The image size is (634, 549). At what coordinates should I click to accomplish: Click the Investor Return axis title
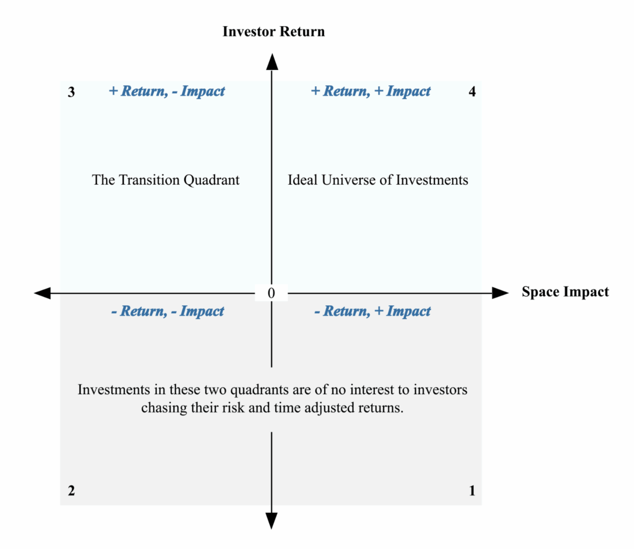[273, 32]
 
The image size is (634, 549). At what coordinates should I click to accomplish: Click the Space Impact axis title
[565, 292]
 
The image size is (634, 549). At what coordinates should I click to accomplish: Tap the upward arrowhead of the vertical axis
[272, 62]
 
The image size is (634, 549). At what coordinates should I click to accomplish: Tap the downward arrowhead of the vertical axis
[271, 521]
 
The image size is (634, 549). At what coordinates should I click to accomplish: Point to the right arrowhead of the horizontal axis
[500, 293]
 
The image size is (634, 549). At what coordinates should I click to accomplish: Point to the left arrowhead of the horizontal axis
[42, 293]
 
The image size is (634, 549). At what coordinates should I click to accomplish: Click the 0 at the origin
[271, 293]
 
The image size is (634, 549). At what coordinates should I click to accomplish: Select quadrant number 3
[71, 92]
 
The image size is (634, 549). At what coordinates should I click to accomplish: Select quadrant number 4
[473, 91]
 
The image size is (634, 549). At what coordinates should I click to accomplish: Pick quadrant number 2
[71, 491]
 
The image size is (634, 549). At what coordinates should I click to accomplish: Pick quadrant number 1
[473, 491]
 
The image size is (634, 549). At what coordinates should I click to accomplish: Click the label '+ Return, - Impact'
[167, 91]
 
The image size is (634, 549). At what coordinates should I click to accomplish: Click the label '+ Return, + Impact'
[371, 91]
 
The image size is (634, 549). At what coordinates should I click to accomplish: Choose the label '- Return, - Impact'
[167, 311]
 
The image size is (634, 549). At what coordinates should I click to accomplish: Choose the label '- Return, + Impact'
[372, 311]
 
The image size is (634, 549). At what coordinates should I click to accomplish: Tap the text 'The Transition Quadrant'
[166, 180]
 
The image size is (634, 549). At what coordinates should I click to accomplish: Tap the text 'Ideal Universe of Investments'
[378, 180]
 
